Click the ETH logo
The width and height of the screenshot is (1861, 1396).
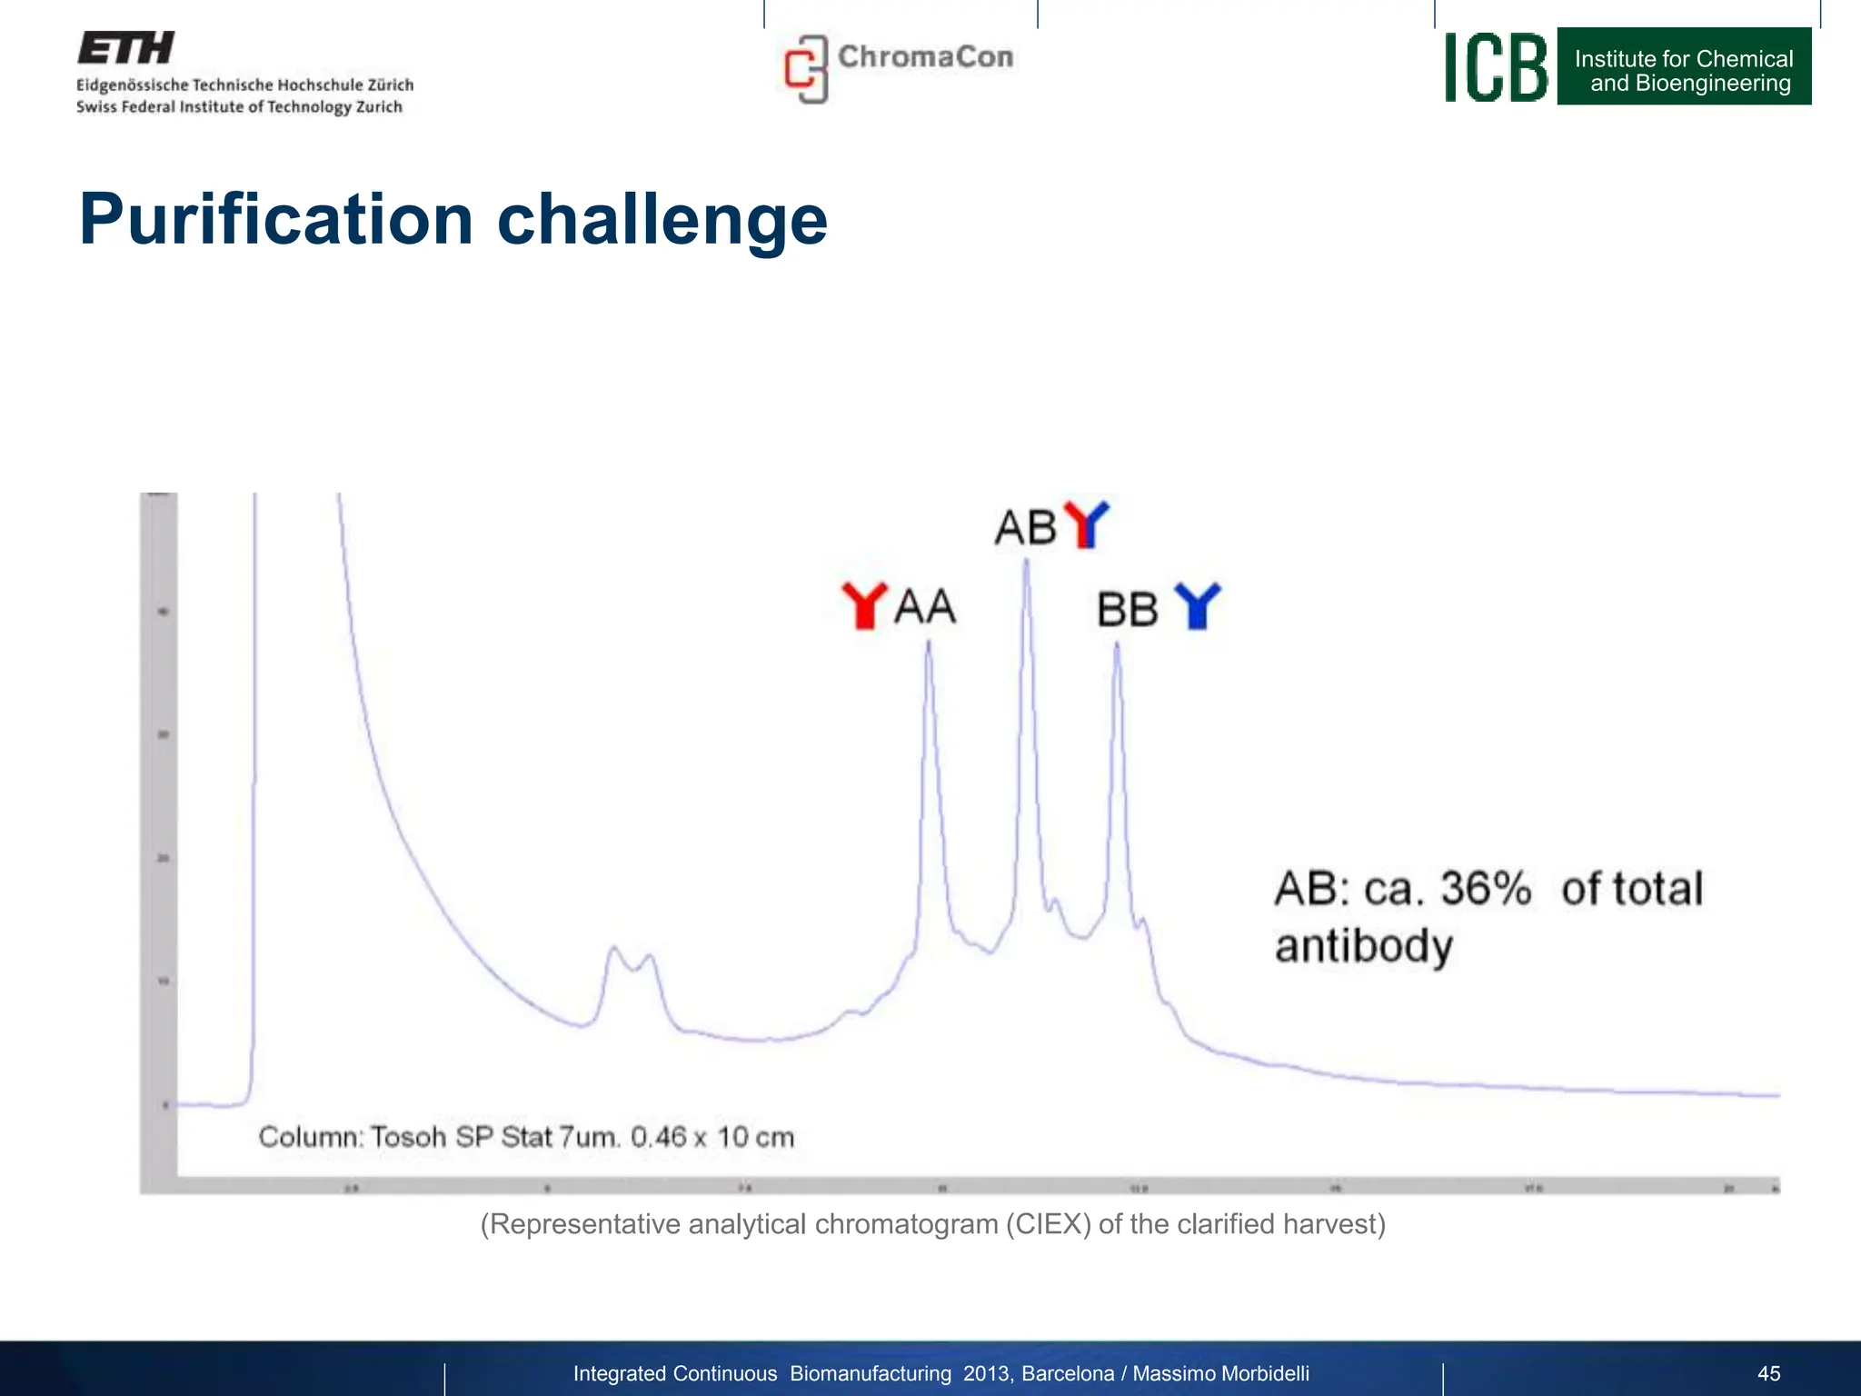[125, 48]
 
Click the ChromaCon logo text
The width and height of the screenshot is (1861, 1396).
[925, 57]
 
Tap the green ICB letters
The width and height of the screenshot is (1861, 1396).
[1495, 67]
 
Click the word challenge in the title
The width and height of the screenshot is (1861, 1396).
[662, 220]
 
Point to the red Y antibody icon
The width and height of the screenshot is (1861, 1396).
[863, 605]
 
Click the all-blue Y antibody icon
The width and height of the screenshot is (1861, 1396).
[1197, 605]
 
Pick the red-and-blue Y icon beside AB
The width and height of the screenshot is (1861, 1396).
[1086, 524]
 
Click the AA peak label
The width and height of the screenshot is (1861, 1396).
[925, 607]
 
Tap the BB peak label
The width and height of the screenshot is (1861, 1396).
[1127, 610]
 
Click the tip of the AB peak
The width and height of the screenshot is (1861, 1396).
[1027, 560]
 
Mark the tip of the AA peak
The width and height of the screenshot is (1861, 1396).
[929, 643]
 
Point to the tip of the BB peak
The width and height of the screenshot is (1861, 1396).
[1117, 644]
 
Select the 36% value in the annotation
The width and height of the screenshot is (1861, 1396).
[1486, 889]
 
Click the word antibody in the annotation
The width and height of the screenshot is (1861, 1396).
[1363, 946]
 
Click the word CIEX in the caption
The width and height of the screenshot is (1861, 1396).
[1048, 1224]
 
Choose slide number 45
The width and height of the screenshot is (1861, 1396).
[1768, 1373]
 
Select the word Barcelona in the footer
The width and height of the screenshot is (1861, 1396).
[1068, 1373]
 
